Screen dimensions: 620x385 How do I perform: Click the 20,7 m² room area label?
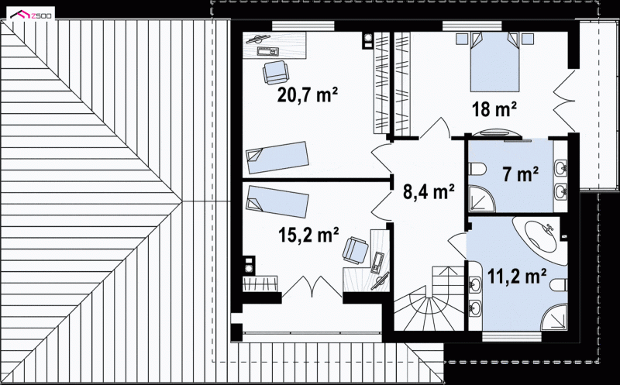[307, 95]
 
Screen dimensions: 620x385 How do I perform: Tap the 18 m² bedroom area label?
[494, 109]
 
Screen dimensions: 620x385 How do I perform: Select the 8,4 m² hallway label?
[429, 191]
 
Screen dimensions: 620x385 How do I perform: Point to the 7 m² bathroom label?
[520, 174]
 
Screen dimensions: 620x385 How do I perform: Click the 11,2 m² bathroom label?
[517, 276]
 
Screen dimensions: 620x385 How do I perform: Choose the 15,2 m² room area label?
[308, 235]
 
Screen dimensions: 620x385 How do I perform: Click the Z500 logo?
[33, 15]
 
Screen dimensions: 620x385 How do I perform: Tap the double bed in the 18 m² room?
[494, 62]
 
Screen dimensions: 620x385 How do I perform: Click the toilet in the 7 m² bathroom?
[477, 169]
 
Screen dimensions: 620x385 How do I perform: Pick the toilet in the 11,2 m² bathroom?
[558, 284]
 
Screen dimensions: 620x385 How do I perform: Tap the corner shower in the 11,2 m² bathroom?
[554, 317]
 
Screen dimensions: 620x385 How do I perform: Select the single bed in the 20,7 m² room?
[277, 158]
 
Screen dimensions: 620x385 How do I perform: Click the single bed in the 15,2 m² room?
[277, 202]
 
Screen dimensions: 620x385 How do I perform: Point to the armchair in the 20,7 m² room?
[276, 72]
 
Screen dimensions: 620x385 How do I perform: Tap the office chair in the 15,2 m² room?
[356, 249]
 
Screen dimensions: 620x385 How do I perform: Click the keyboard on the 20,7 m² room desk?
[268, 51]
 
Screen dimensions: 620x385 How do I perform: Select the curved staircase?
[429, 298]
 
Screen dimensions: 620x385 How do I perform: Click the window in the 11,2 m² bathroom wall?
[511, 337]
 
